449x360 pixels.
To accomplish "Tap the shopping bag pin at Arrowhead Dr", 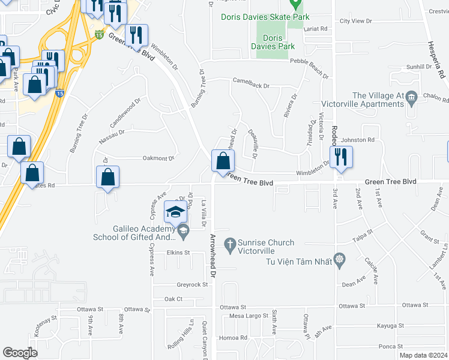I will coord(223,161).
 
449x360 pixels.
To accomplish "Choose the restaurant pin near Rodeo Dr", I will coord(341,157).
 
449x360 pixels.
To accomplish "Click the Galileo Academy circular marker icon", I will coord(182,230).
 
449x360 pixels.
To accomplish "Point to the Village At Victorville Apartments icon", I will coord(411,97).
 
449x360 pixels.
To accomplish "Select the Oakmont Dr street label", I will coord(158,158).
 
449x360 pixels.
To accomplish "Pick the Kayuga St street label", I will coord(390,325).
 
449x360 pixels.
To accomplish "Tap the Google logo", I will coord(20,353).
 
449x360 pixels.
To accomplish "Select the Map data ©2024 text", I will coord(423,355).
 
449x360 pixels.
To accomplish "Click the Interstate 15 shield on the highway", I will coord(98,35).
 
